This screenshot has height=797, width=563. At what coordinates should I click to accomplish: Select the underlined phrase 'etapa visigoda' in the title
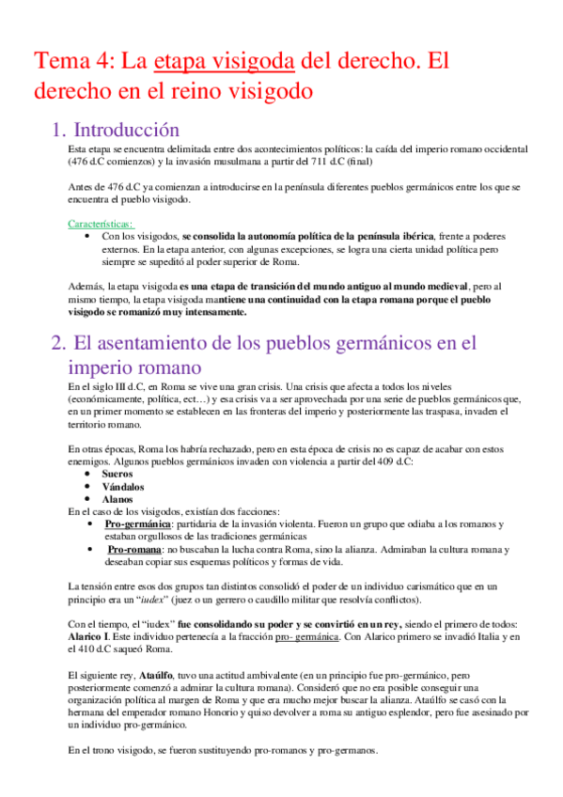pyautogui.click(x=224, y=63)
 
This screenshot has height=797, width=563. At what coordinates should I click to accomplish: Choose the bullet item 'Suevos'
pyautogui.click(x=118, y=475)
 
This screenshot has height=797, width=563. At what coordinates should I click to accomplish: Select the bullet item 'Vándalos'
pyautogui.click(x=124, y=487)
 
